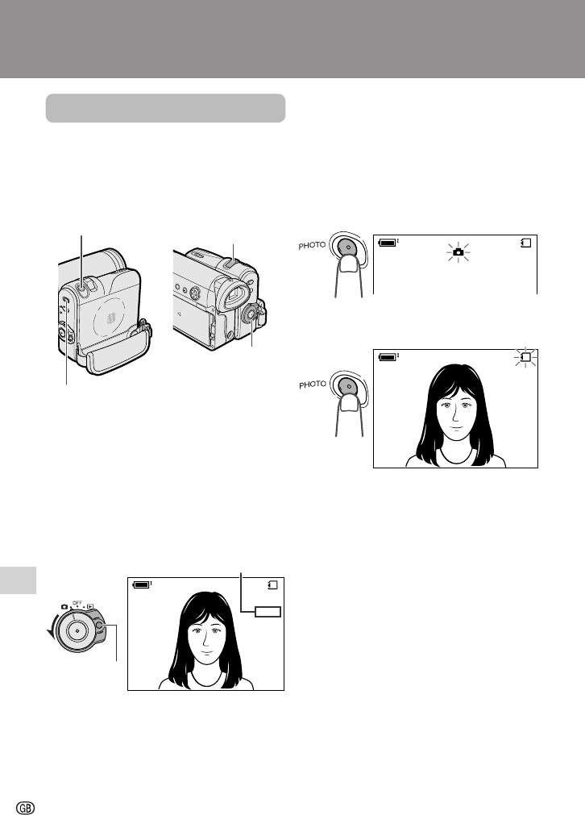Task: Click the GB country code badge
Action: (26, 807)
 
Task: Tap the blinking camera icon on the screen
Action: (458, 252)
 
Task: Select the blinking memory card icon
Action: (525, 357)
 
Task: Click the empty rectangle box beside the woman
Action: (268, 612)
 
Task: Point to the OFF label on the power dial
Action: (77, 603)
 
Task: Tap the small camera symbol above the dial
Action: (64, 606)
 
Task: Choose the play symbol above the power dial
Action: (90, 606)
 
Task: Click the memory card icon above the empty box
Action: (272, 584)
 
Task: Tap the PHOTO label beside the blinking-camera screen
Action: (312, 245)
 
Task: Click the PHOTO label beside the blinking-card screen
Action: (313, 384)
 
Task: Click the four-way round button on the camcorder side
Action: (194, 293)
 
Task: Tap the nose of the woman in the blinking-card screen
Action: (454, 415)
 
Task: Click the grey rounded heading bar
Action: (165, 108)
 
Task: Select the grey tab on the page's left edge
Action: (19, 580)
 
